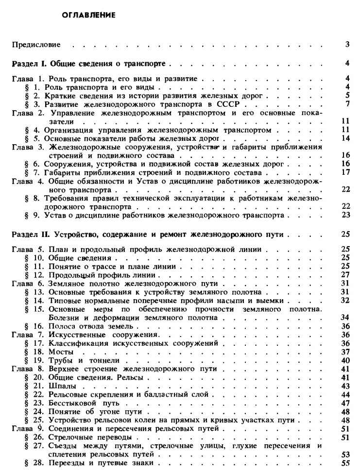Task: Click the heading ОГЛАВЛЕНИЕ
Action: click(88, 15)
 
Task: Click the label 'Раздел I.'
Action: click(30, 63)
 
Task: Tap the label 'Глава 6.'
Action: click(29, 283)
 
